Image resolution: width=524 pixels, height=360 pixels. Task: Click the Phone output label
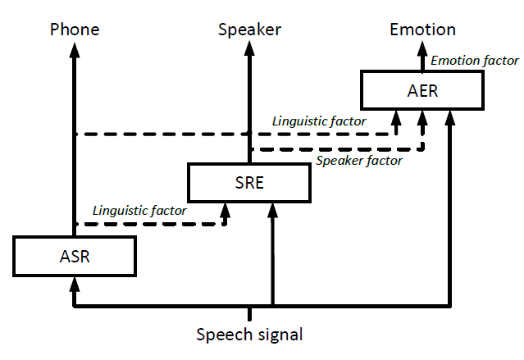[75, 30]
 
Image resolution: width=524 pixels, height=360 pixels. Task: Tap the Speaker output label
[249, 30]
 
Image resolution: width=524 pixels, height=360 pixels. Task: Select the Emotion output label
[422, 30]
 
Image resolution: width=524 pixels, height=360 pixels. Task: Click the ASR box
[75, 255]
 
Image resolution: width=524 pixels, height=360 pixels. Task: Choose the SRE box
[249, 182]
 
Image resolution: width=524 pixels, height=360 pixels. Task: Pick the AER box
[422, 90]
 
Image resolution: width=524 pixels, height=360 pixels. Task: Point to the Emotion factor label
[475, 60]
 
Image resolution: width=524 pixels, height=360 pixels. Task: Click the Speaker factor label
[359, 161]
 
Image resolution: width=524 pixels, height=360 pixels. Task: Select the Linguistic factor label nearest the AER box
[319, 121]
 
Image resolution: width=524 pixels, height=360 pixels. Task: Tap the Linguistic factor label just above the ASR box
[139, 211]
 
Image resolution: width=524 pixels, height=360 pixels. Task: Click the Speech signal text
[249, 335]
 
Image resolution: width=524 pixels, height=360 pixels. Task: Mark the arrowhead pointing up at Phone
[75, 48]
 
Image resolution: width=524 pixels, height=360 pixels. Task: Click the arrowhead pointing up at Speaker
[249, 48]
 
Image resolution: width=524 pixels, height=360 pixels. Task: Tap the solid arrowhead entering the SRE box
[272, 209]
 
